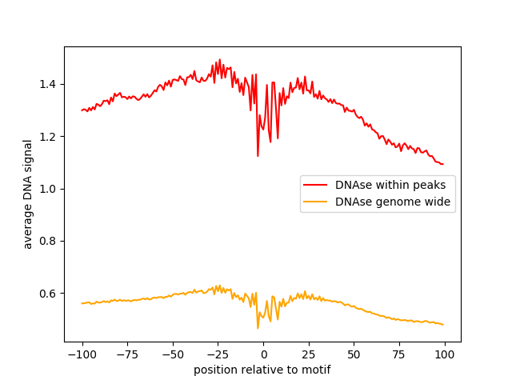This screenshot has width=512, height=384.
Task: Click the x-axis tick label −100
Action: tap(82, 354)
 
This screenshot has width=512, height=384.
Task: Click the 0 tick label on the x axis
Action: tap(263, 354)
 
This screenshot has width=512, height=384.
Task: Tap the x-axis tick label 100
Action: tap(445, 354)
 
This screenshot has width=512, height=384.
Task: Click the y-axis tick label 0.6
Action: tap(49, 294)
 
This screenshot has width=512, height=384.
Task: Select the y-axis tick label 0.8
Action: tap(49, 241)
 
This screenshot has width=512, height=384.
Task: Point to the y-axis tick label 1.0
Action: tap(49, 189)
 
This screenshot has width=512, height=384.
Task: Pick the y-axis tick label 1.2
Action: tap(49, 137)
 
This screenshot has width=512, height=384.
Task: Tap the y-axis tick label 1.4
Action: tap(49, 84)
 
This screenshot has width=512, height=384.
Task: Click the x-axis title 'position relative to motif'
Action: tap(262, 370)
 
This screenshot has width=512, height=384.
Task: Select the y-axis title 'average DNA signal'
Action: tap(28, 194)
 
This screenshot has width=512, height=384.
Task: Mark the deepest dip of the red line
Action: tap(258, 156)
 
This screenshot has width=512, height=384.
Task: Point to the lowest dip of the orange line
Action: tap(258, 328)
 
